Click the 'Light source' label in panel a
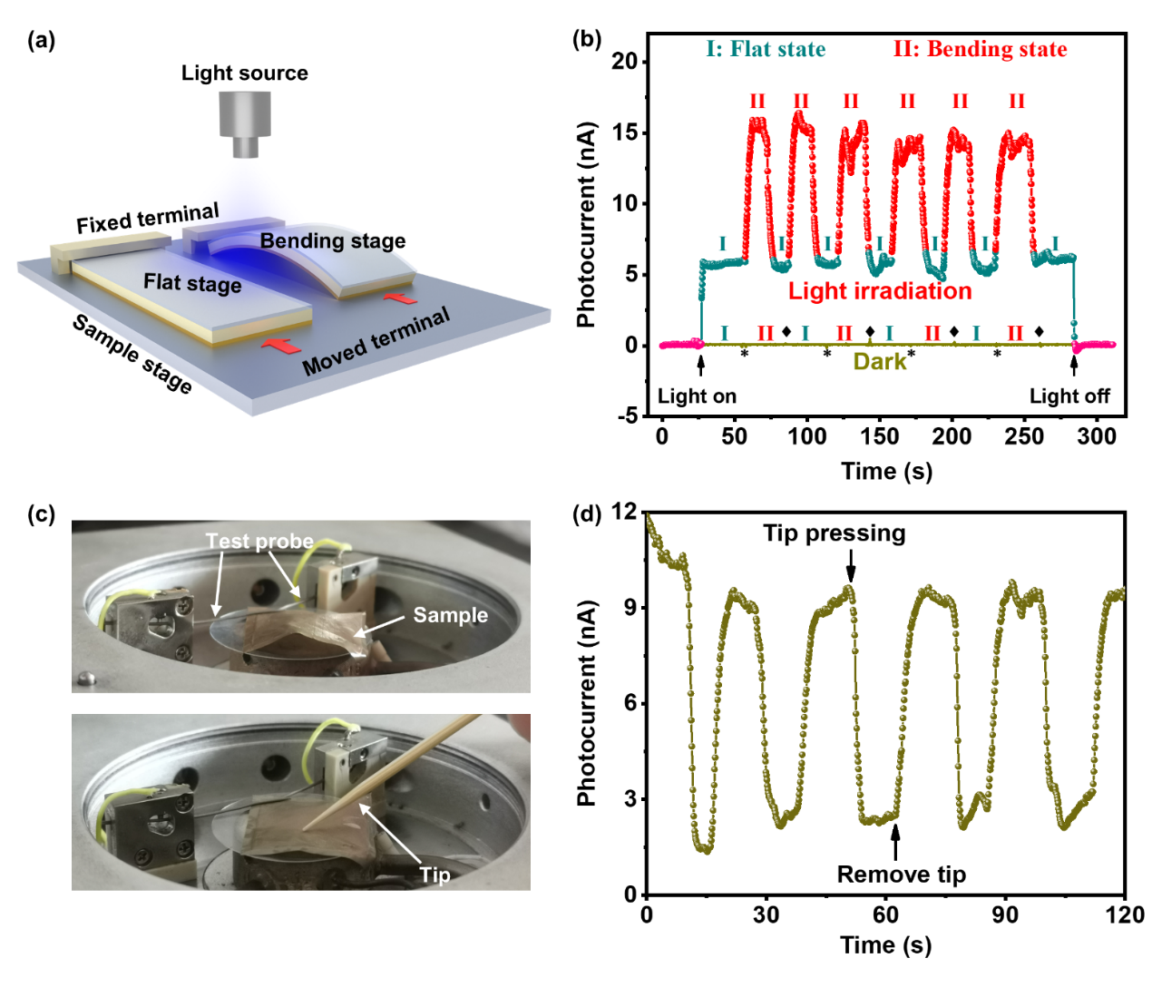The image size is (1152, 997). click(x=244, y=73)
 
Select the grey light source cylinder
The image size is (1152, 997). click(x=245, y=123)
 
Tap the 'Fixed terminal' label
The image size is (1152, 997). click(x=148, y=219)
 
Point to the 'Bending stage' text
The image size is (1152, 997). click(x=333, y=240)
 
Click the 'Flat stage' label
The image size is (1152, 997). click(x=192, y=283)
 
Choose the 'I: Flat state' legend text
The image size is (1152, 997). click(x=766, y=49)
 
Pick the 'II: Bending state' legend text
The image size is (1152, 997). click(x=980, y=49)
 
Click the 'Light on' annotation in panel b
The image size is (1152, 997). click(x=697, y=396)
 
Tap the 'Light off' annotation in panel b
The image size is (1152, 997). click(x=1069, y=396)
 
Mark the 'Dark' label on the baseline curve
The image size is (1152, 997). click(x=879, y=362)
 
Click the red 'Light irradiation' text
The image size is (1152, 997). click(x=880, y=291)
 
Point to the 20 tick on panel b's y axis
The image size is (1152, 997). click(x=625, y=62)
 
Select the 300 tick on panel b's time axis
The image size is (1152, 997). click(x=1097, y=436)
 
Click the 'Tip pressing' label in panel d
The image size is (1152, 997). click(x=834, y=533)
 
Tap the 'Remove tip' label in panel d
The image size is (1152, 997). click(x=901, y=875)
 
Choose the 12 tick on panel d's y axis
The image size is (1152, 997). click(x=624, y=513)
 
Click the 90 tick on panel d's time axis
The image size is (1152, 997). click(x=1005, y=914)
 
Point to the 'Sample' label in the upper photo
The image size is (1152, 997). click(x=450, y=615)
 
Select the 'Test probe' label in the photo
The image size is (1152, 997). click(x=259, y=542)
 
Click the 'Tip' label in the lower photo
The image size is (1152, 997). click(x=434, y=875)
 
